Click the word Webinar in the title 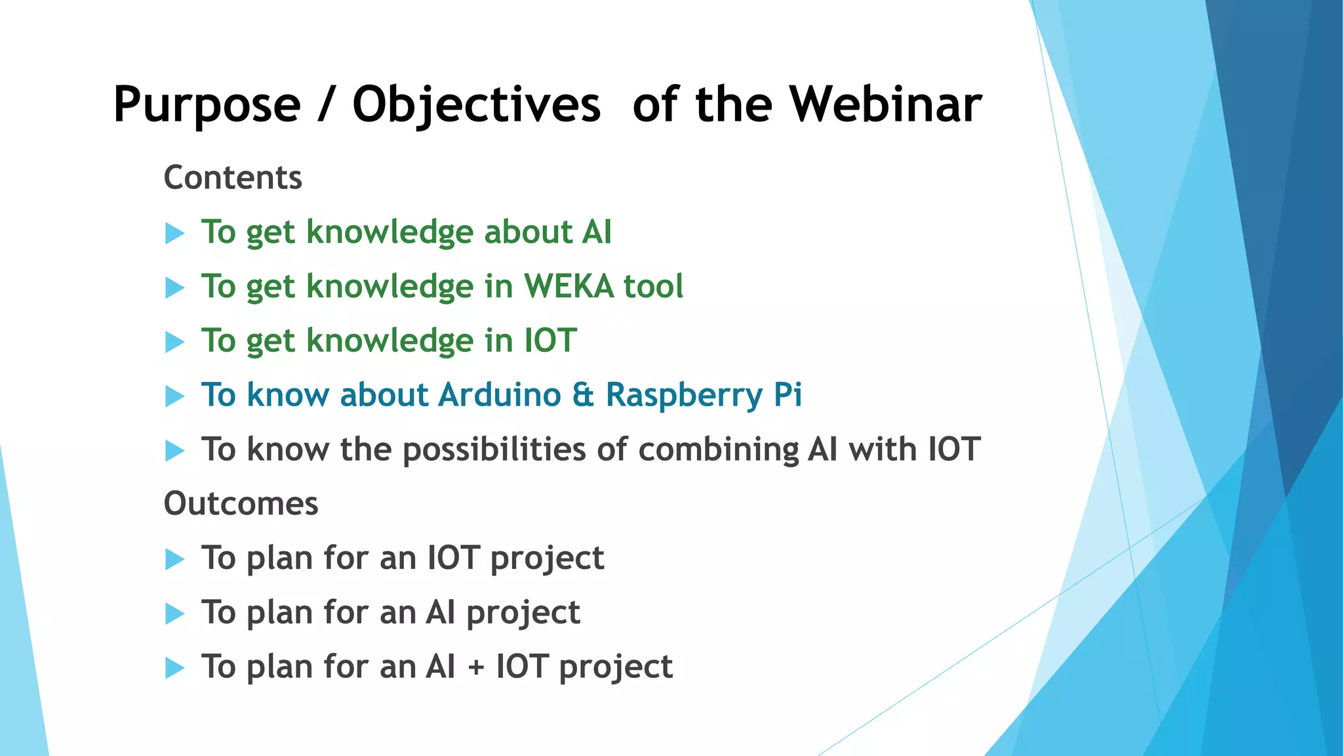tap(885, 105)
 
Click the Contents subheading tap(233, 178)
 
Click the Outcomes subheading tap(241, 504)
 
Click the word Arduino tap(500, 395)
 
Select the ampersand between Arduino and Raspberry tap(583, 396)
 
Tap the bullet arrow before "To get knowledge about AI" tap(174, 233)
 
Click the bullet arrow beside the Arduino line tap(174, 396)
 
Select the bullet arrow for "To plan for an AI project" tap(174, 614)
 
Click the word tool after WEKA tap(652, 287)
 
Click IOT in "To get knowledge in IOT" tap(550, 341)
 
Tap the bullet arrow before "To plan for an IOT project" tap(174, 559)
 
